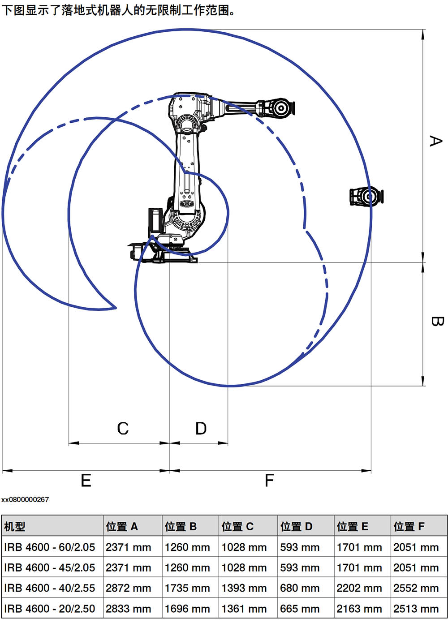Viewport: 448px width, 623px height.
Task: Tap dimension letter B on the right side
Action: pyautogui.click(x=437, y=321)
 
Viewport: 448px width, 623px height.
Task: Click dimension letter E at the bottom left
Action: pyautogui.click(x=86, y=480)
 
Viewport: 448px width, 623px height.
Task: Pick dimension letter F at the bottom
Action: pyautogui.click(x=269, y=480)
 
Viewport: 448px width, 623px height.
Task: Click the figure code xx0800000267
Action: pyautogui.click(x=25, y=499)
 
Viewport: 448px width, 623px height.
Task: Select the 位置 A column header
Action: pyautogui.click(x=121, y=526)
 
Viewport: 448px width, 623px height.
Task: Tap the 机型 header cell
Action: pyautogui.click(x=14, y=526)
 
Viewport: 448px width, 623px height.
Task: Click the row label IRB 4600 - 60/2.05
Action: pyautogui.click(x=50, y=547)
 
